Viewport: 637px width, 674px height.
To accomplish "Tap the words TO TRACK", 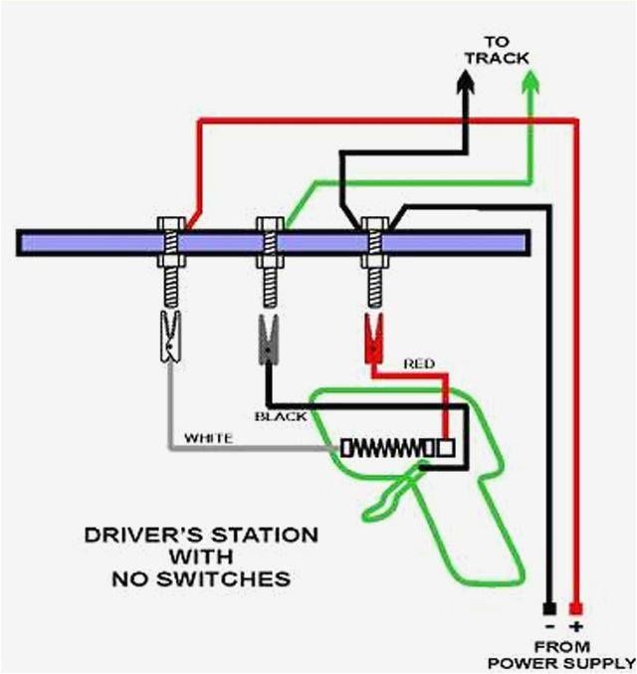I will (497, 50).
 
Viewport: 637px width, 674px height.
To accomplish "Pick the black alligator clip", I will (267, 338).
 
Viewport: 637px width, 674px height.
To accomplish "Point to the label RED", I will (418, 364).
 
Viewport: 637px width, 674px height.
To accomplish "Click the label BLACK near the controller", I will (281, 416).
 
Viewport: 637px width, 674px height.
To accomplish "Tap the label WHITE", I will (208, 438).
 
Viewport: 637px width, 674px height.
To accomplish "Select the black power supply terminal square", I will (548, 607).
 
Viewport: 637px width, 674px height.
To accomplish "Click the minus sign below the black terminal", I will (548, 625).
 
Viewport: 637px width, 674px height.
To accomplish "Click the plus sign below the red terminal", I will (576, 625).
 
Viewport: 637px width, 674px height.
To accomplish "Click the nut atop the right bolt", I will (374, 223).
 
